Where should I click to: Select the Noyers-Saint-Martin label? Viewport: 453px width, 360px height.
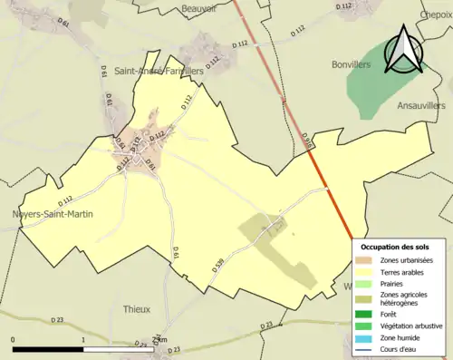coord(53,214)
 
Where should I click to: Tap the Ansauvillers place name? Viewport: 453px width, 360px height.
coord(422,105)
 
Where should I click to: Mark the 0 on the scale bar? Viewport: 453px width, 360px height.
coord(14,340)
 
